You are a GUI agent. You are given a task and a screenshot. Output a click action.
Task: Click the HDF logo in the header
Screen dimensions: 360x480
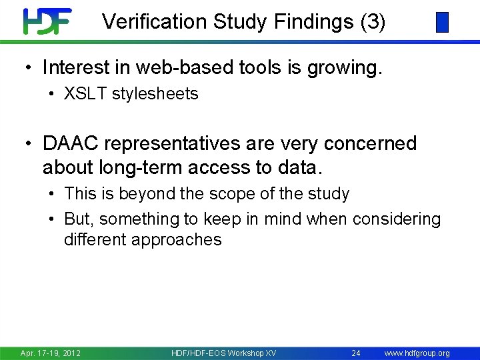tap(47, 21)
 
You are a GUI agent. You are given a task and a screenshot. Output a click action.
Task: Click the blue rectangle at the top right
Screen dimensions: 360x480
tap(442, 23)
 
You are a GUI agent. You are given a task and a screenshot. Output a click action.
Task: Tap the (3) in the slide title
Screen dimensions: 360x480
tap(372, 22)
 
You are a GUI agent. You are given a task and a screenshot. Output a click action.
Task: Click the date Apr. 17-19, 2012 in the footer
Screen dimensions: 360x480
tap(51, 353)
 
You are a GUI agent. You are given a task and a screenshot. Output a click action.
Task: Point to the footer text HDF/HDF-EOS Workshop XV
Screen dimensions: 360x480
tap(223, 353)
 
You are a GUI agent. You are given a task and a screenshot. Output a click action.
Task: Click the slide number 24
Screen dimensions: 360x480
tap(356, 353)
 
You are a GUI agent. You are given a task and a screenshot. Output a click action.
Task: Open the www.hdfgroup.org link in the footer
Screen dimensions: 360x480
tap(417, 353)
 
